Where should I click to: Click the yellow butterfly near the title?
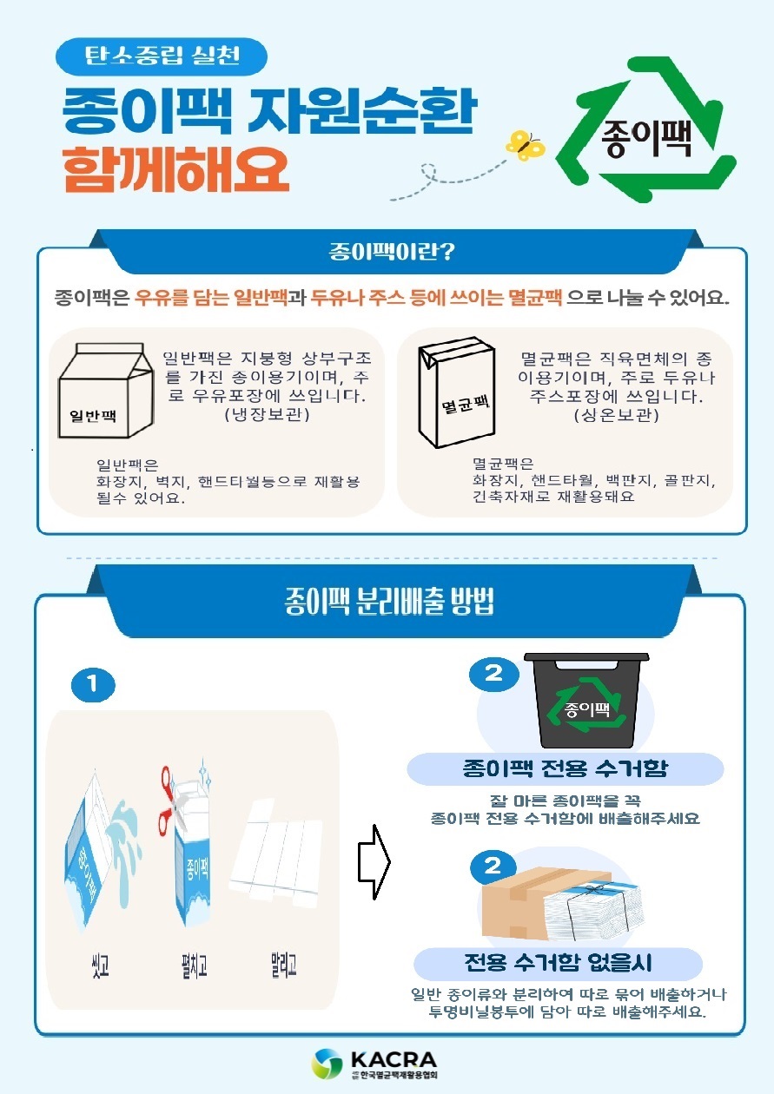pos(526,145)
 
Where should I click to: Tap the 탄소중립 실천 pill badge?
pos(162,57)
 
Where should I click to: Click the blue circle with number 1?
pos(94,686)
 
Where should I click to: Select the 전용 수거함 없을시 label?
pos(558,964)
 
